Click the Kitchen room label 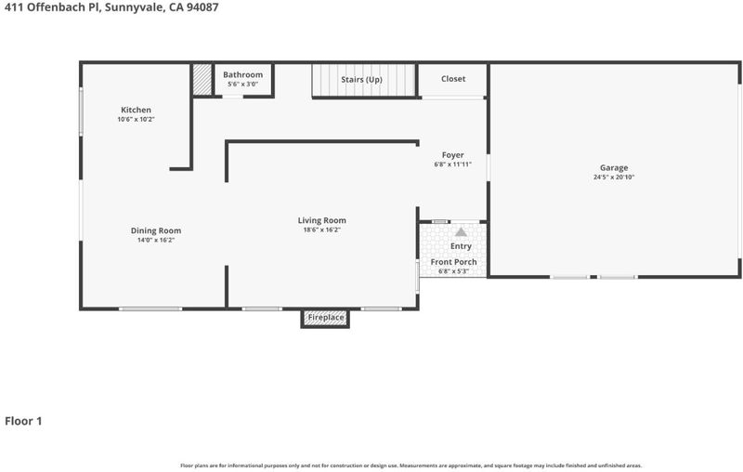pyautogui.click(x=136, y=110)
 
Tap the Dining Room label pyautogui.click(x=156, y=230)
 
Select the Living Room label pyautogui.click(x=321, y=220)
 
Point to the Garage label pyautogui.click(x=614, y=168)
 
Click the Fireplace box pyautogui.click(x=325, y=318)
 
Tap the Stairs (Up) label pyautogui.click(x=361, y=80)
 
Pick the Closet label pyautogui.click(x=453, y=79)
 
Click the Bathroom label pyautogui.click(x=242, y=75)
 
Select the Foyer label pyautogui.click(x=452, y=155)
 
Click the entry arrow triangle pyautogui.click(x=461, y=232)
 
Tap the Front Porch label pyautogui.click(x=453, y=262)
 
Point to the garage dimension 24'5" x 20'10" pyautogui.click(x=614, y=177)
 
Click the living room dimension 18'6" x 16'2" pyautogui.click(x=321, y=229)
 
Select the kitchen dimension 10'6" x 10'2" pyautogui.click(x=136, y=120)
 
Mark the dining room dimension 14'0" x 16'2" pyautogui.click(x=156, y=241)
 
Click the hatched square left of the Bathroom pyautogui.click(x=202, y=80)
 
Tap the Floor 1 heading pyautogui.click(x=23, y=421)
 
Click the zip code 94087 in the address pyautogui.click(x=202, y=7)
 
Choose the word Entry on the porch pyautogui.click(x=461, y=246)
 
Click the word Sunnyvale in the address pyautogui.click(x=134, y=7)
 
